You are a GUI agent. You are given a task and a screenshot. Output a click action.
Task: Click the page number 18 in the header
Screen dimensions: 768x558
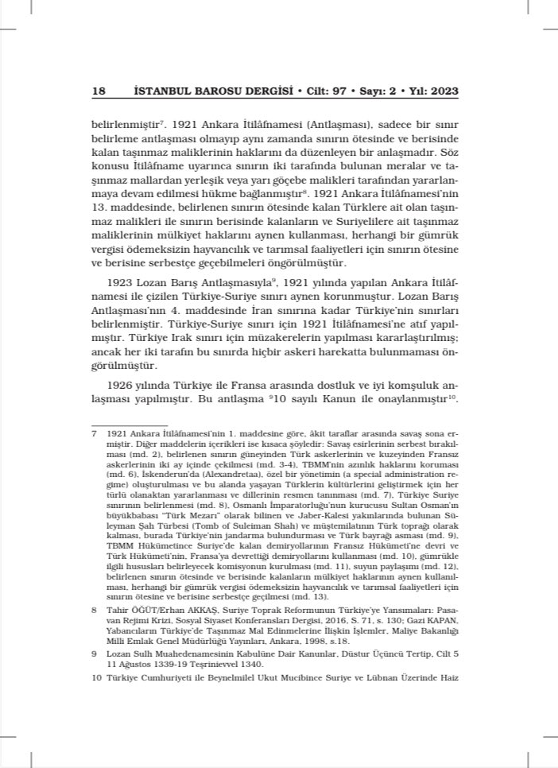click(99, 91)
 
